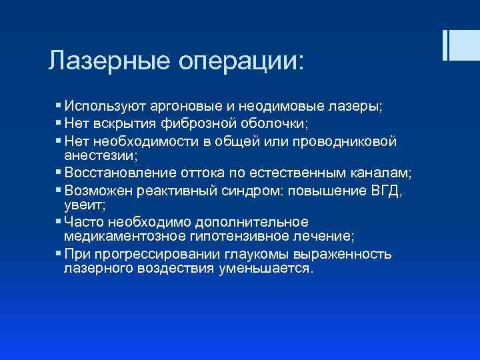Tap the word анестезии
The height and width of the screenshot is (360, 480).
97,155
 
